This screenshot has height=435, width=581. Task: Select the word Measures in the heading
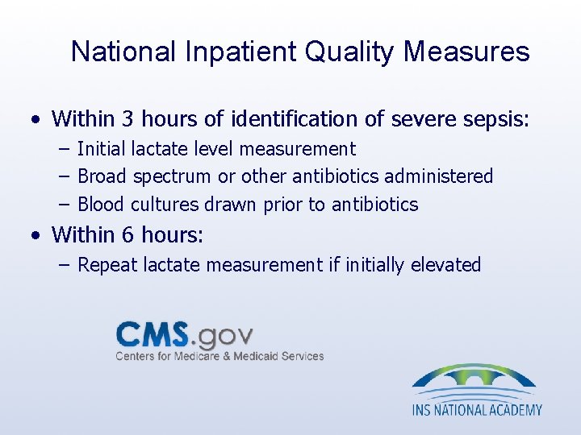pos(466,52)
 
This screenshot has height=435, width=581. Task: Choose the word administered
pos(445,176)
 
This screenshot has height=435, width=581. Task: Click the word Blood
pos(101,205)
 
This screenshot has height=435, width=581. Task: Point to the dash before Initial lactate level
pos(64,149)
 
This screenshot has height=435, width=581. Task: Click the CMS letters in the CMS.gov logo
pos(153,333)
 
